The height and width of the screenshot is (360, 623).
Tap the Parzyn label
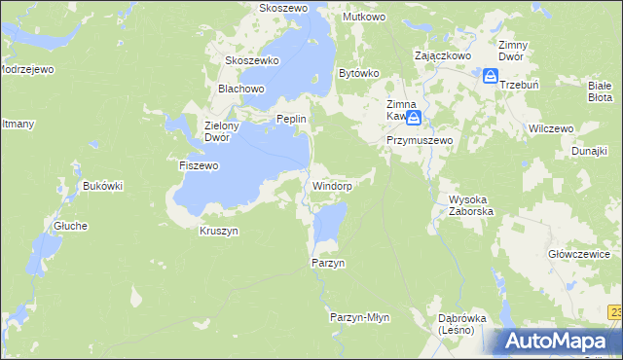coord(328,263)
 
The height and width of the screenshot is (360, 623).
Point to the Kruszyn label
coord(219,231)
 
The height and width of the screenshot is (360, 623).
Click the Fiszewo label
coord(199,165)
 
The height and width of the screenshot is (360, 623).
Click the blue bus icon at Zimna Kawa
coord(415,120)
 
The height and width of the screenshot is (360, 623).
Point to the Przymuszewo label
coord(420,140)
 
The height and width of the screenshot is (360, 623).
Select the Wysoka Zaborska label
coord(471,204)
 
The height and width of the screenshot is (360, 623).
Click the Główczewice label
coord(579,254)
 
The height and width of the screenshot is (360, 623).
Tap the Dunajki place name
coord(590,152)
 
